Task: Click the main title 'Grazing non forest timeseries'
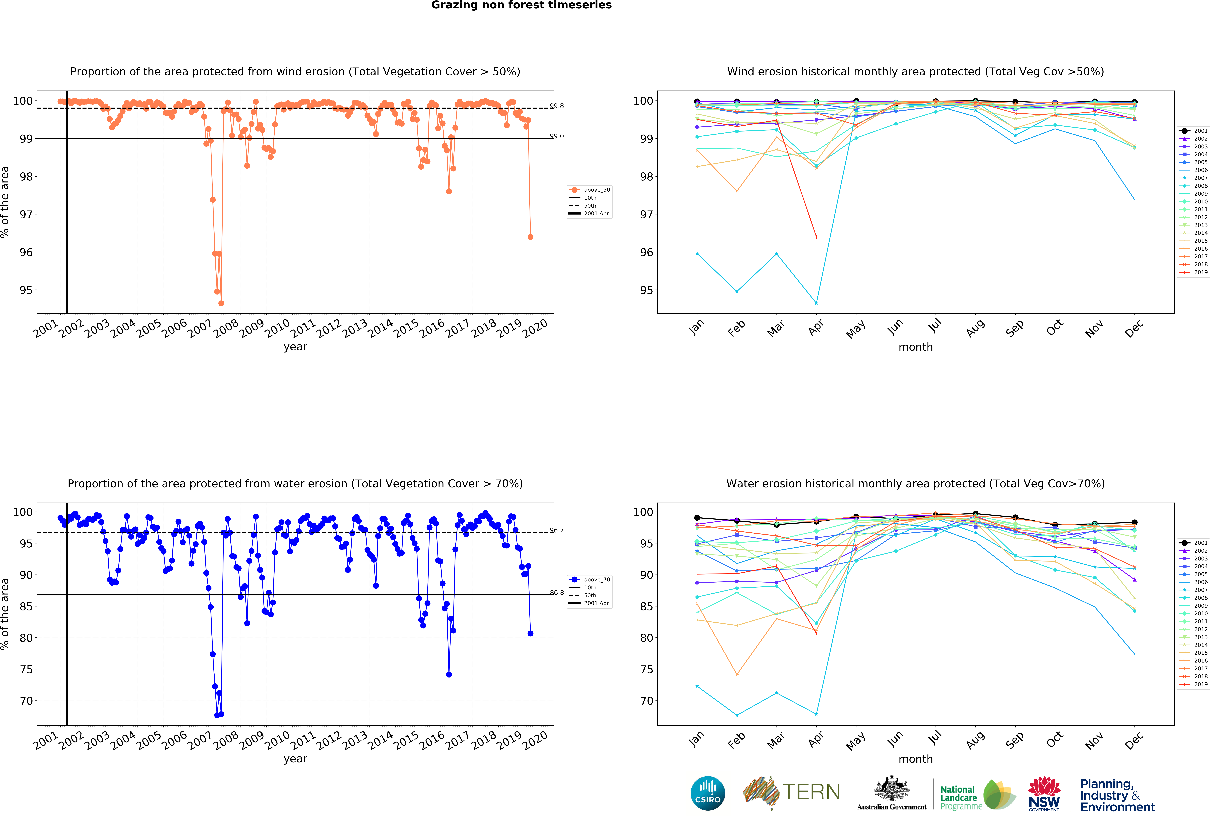tap(521, 5)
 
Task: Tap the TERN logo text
tap(811, 792)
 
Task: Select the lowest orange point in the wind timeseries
tap(221, 303)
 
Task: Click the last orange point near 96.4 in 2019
tap(530, 237)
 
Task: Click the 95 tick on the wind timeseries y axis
tap(26, 290)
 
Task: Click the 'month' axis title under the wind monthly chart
tap(915, 347)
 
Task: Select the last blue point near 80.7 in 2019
tap(530, 633)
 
